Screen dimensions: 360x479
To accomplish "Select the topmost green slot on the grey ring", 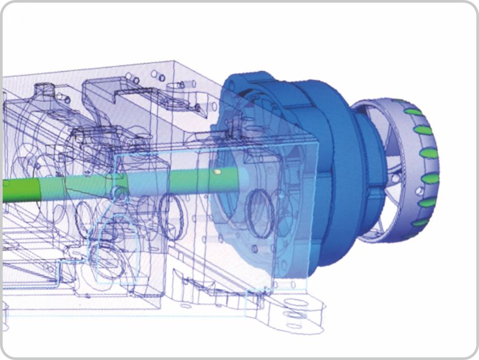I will [x=412, y=112].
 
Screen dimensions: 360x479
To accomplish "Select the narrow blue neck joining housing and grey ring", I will [x=367, y=169].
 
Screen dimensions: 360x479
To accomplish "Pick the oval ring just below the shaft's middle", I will [x=169, y=214].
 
